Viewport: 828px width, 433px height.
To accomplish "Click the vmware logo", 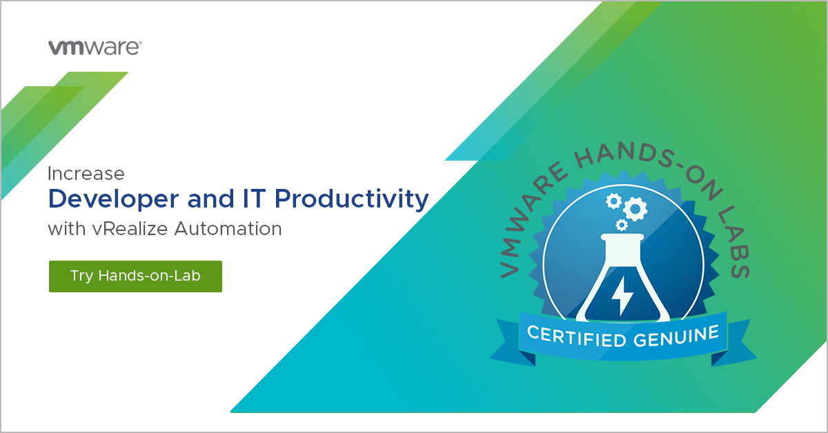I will pos(95,48).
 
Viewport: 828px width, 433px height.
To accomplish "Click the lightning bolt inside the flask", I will pos(623,294).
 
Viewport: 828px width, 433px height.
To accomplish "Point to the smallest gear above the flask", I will pos(622,225).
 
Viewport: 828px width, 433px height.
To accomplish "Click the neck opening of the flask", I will pos(623,239).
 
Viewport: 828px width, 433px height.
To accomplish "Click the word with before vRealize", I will pos(67,228).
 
